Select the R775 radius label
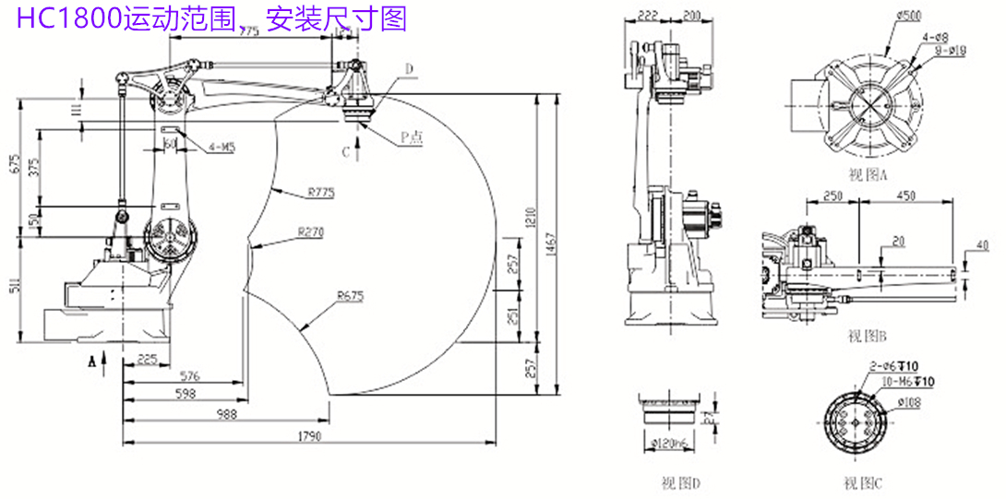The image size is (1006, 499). [x=320, y=193]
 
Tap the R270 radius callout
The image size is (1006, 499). [x=310, y=232]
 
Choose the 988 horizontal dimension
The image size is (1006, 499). [x=225, y=415]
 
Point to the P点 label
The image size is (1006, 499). [x=411, y=137]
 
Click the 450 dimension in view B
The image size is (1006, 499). [x=905, y=196]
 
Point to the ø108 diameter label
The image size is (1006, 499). [x=909, y=402]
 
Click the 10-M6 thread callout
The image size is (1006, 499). [x=910, y=381]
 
